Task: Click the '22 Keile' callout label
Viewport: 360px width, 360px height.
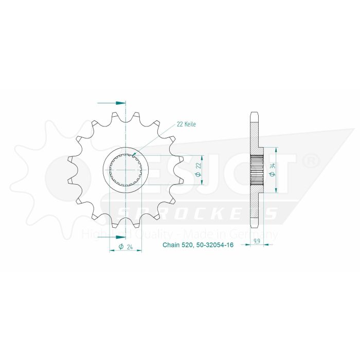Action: pyautogui.click(x=186, y=124)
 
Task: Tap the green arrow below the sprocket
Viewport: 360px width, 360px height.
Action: pyautogui.click(x=117, y=237)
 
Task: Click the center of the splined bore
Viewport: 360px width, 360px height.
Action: pyautogui.click(x=126, y=170)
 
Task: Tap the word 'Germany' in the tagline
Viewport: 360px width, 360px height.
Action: pyautogui.click(x=260, y=234)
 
